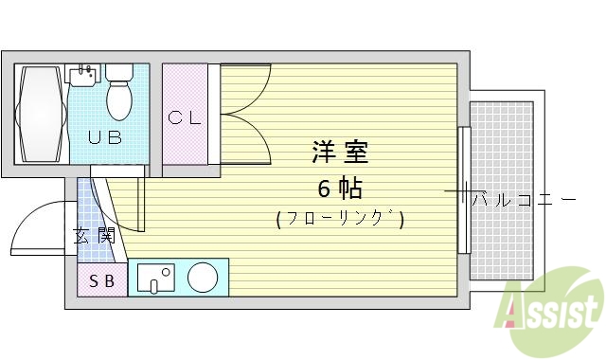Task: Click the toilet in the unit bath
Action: pyautogui.click(x=120, y=93)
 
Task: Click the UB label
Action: pyautogui.click(x=105, y=137)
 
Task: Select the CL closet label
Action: pyautogui.click(x=185, y=118)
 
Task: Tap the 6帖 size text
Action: pyautogui.click(x=340, y=188)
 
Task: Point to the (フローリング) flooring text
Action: pyautogui.click(x=340, y=220)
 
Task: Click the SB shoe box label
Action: pyautogui.click(x=101, y=280)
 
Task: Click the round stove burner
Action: pyautogui.click(x=204, y=278)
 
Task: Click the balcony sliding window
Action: pyautogui.click(x=463, y=189)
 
